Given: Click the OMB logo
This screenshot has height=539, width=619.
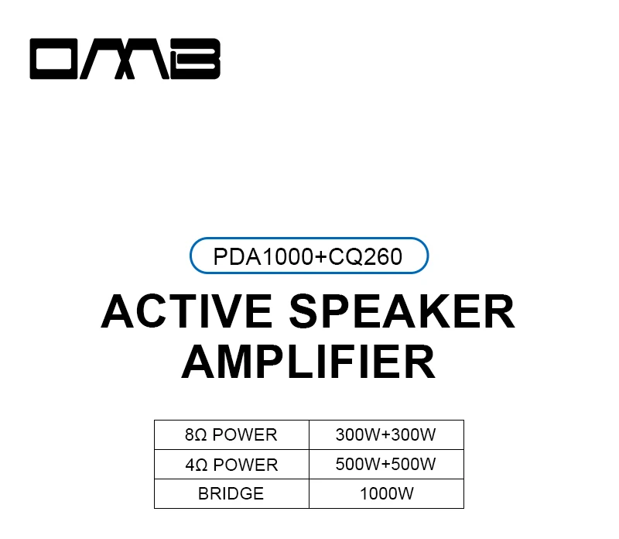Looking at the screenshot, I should pyautogui.click(x=125, y=60).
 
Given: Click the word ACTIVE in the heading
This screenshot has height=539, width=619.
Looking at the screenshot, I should pyautogui.click(x=186, y=311).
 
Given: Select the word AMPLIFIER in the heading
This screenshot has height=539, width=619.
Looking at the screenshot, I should pyautogui.click(x=309, y=362).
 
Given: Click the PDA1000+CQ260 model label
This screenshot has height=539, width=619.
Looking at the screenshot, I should pyautogui.click(x=309, y=256).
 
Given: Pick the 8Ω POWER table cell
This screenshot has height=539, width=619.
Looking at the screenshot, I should pyautogui.click(x=231, y=434).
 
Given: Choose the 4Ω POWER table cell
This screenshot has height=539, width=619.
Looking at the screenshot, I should pyautogui.click(x=231, y=465).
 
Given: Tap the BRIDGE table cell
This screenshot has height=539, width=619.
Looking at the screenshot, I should pyautogui.click(x=231, y=493).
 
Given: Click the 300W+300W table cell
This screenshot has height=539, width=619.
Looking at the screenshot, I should pyautogui.click(x=386, y=434).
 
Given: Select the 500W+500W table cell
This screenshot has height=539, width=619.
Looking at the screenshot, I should pyautogui.click(x=386, y=465).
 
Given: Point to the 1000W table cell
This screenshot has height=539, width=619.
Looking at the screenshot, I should pyautogui.click(x=386, y=493).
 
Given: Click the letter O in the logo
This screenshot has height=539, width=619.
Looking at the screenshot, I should pyautogui.click(x=60, y=60).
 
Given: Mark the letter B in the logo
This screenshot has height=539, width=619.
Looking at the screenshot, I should pyautogui.click(x=197, y=60).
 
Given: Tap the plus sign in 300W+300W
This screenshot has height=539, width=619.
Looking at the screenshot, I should pyautogui.click(x=386, y=435).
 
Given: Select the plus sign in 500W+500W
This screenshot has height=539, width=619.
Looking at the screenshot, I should pyautogui.click(x=386, y=465).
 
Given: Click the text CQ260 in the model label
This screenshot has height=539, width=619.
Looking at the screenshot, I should pyautogui.click(x=366, y=256).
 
